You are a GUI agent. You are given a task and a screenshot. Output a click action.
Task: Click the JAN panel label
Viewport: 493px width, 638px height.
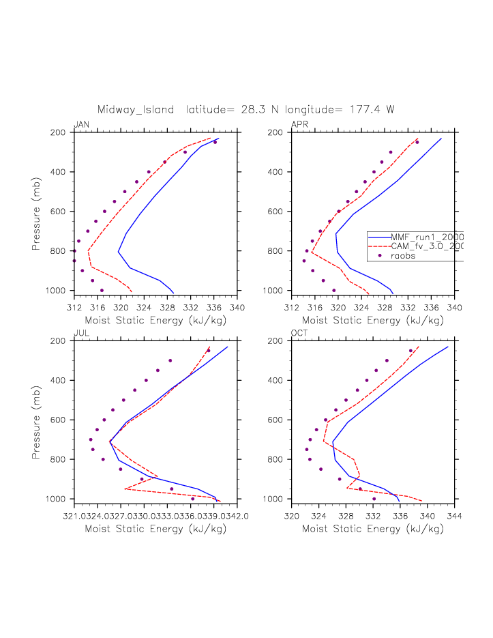[81, 124]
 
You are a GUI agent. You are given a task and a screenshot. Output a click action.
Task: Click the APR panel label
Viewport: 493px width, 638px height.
[299, 124]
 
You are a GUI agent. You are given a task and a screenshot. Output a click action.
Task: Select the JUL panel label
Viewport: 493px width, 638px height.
[81, 333]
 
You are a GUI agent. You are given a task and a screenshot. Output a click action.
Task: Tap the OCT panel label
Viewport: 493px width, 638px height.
[300, 333]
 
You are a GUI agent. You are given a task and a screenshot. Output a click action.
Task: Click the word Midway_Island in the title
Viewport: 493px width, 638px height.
[137, 109]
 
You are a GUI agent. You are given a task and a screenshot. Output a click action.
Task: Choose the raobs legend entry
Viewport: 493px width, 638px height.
[403, 256]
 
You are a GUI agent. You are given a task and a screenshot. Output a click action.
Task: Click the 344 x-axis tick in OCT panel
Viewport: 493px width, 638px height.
[455, 517]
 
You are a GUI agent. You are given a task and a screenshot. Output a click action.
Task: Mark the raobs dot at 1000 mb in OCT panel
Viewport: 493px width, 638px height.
[374, 499]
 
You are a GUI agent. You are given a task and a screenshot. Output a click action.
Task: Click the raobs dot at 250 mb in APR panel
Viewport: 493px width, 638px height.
[417, 142]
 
